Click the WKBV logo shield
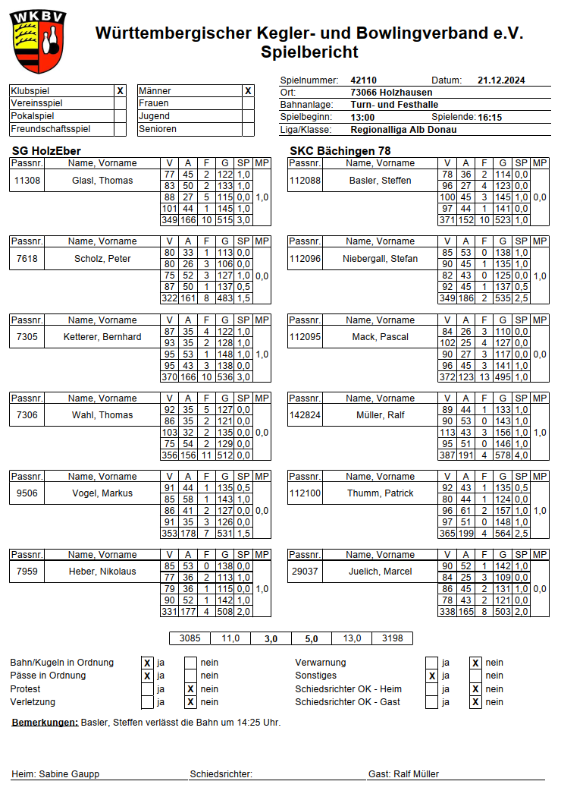pyautogui.click(x=38, y=41)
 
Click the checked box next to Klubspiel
pyautogui.click(x=120, y=90)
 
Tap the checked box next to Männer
pyautogui.click(x=248, y=90)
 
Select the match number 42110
pyautogui.click(x=363, y=80)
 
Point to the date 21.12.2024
pyautogui.click(x=501, y=80)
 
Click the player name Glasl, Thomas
pyautogui.click(x=102, y=181)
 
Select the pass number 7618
pyautogui.click(x=27, y=259)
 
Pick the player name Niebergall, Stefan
pyautogui.click(x=381, y=259)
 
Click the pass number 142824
pyautogui.click(x=306, y=415)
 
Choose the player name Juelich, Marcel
pyautogui.click(x=381, y=572)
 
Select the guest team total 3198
pyautogui.click(x=393, y=638)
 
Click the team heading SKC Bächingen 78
pyautogui.click(x=340, y=150)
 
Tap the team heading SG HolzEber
pyautogui.click(x=46, y=150)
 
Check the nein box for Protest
pyautogui.click(x=191, y=689)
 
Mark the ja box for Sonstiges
pyautogui.click(x=431, y=676)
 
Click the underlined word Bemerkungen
pyautogui.click(x=45, y=722)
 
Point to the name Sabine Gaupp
pyautogui.click(x=69, y=774)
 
